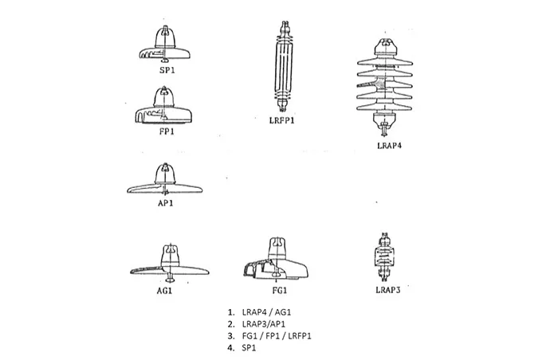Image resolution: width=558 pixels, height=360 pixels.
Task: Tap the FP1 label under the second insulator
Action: point(167,131)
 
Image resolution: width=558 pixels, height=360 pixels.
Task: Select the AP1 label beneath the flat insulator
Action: point(167,203)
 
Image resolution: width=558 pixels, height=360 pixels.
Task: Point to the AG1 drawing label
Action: point(165,291)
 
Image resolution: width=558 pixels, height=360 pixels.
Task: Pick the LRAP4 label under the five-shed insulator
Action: point(388,146)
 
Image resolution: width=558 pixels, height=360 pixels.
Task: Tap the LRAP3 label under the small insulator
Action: point(387,290)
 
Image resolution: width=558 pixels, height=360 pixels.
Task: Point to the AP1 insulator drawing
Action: point(166,182)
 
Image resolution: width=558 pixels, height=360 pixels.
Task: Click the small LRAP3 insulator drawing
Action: point(386,256)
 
